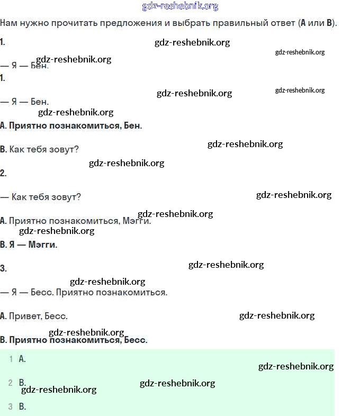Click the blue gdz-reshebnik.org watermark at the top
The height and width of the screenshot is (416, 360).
coord(180,6)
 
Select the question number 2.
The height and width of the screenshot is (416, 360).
coord(3,173)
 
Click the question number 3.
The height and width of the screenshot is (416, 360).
coord(3,268)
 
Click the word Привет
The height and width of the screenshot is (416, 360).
coord(25,316)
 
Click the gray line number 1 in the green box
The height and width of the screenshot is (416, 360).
coord(11,359)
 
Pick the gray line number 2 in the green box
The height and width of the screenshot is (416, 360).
coord(11,383)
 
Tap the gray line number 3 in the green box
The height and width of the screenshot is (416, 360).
coord(11,406)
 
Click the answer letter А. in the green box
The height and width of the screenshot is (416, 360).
coord(22,359)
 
